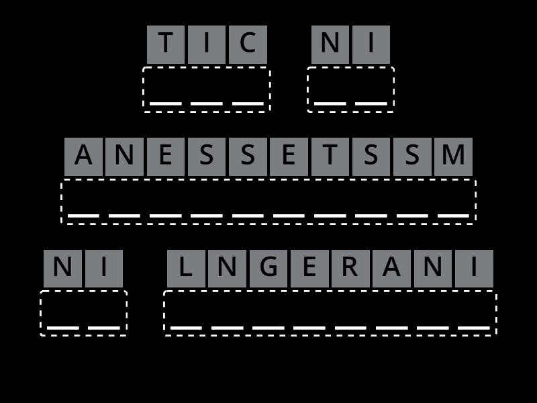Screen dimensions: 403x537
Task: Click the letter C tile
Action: pos(248,44)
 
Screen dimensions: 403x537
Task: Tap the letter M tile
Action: pos(453,156)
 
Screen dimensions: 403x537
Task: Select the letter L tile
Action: pos(186,269)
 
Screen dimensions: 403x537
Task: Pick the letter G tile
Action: pos(268,269)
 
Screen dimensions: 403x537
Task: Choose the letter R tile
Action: pos(350,269)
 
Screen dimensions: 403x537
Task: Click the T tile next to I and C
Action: pos(166,44)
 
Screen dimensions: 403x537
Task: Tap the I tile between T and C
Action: pos(207,44)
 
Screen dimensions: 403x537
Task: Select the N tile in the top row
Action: pos(330,44)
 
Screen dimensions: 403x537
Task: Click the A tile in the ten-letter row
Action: pos(83,156)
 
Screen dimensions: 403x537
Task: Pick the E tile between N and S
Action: pos(166,156)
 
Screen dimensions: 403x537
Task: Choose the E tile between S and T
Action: pos(289,156)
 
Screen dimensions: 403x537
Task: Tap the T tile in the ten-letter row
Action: pos(330,156)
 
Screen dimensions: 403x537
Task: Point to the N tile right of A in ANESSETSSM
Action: pos(124,156)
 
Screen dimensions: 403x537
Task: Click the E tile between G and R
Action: pos(309,269)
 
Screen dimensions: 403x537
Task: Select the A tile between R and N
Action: pos(391,269)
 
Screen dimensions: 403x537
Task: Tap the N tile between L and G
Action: pos(227,269)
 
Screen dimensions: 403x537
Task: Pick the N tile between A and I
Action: pos(433,269)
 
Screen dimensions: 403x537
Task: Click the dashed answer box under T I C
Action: pos(207,89)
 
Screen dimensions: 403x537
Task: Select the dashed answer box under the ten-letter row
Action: pos(268,201)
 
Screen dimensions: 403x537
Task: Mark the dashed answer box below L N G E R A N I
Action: pos(330,313)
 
